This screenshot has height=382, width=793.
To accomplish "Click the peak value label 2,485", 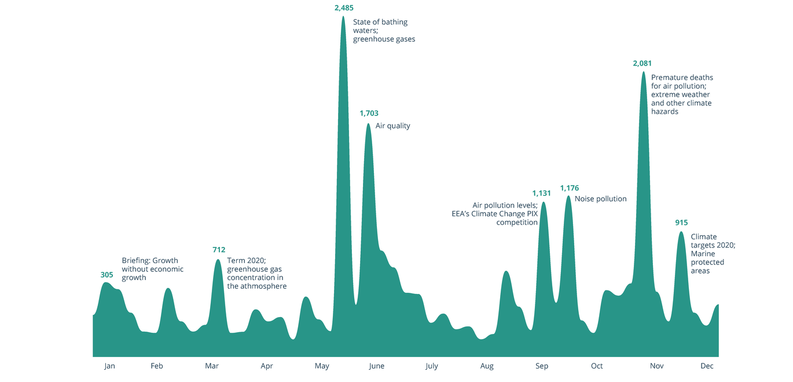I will coord(344,8).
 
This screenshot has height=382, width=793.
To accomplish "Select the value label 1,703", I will coord(369,114).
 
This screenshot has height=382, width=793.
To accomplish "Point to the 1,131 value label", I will coord(541,193).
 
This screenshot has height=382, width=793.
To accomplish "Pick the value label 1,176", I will coord(569,188).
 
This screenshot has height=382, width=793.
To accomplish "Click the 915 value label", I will coord(681,223).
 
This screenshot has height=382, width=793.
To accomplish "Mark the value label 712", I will coord(219,250).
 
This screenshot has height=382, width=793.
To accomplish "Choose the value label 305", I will coord(107,275).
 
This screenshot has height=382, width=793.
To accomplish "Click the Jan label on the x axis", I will coord(109,366).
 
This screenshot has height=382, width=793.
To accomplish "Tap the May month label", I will coord(322,366).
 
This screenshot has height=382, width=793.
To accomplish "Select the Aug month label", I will coord(487,366).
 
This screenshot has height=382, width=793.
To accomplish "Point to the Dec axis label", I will coord(707,366).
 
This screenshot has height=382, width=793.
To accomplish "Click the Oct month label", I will coord(597,366).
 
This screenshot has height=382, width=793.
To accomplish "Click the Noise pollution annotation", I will coord(600,199).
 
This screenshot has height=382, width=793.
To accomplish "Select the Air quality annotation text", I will coord(392,126).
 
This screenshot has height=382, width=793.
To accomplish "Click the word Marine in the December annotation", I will coord(703,254).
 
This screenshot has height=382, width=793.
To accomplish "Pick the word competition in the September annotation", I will coord(517,222).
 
